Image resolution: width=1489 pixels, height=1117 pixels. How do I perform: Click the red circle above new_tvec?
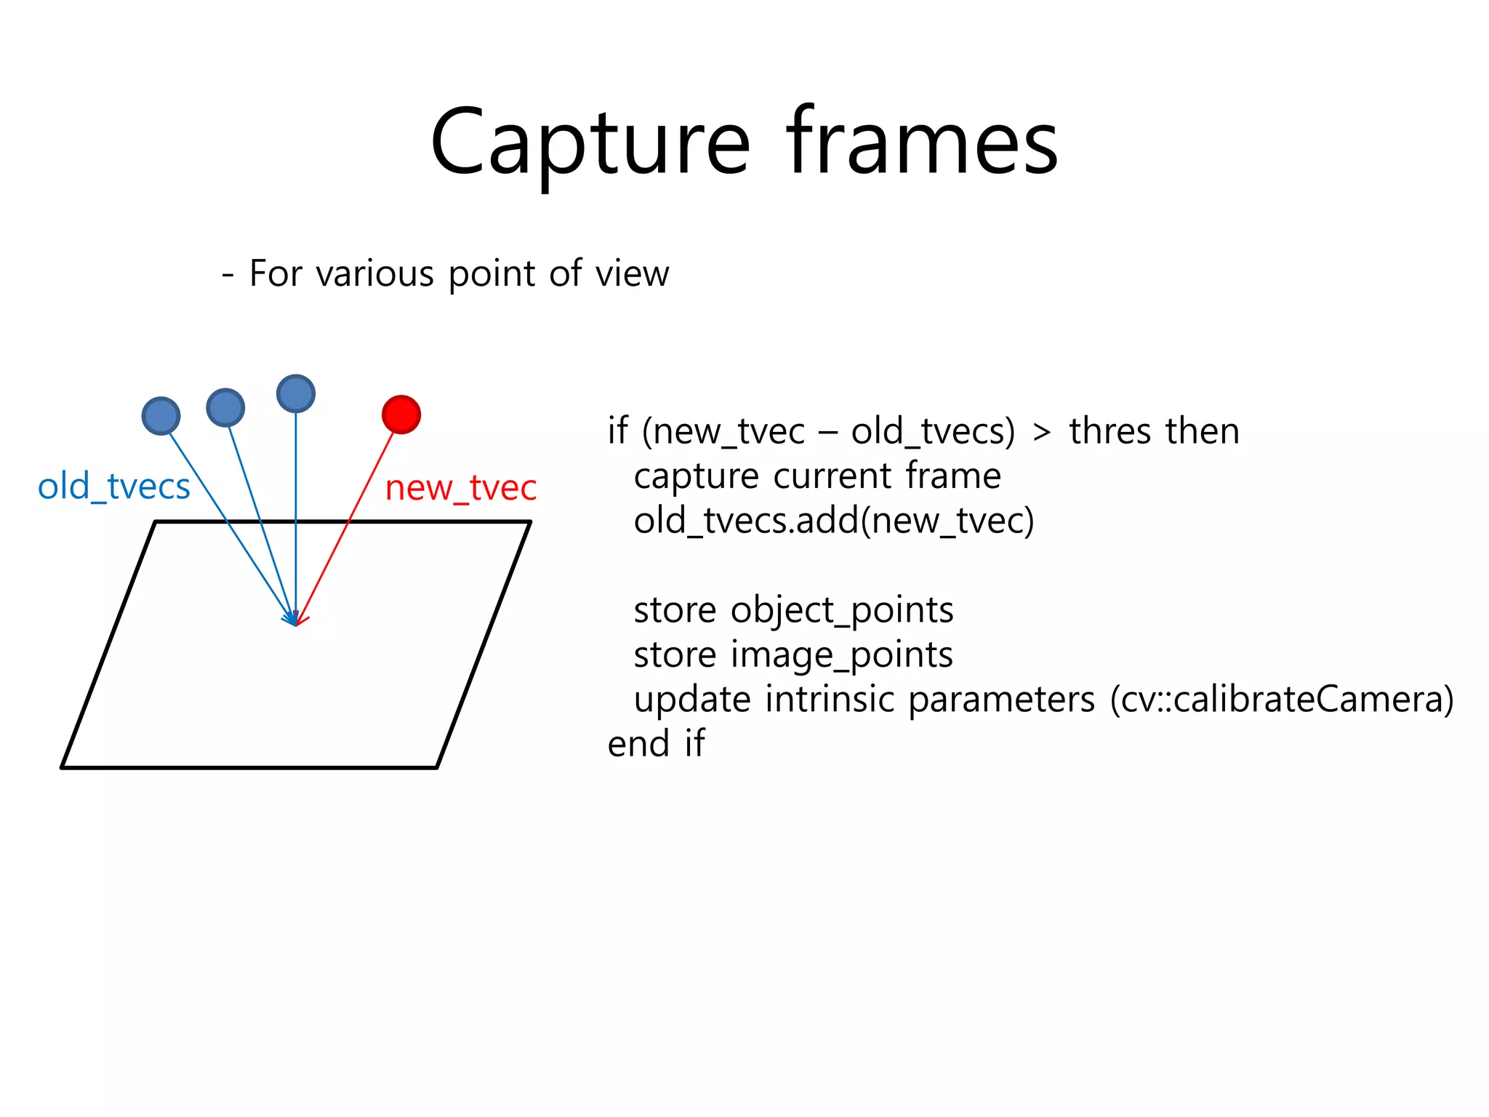(401, 415)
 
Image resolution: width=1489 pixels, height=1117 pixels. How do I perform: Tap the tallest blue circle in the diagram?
(296, 393)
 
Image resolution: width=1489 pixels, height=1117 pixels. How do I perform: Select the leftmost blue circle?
(161, 416)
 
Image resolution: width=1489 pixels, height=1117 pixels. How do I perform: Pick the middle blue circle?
(225, 407)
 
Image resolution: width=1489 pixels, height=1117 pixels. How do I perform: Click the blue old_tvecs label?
(114, 487)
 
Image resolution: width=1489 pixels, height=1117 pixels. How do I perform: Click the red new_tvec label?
(461, 488)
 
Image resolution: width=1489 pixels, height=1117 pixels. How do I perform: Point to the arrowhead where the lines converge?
(294, 622)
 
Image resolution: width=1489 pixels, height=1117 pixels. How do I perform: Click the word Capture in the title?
(590, 143)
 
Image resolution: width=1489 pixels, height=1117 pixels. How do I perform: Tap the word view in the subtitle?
(632, 274)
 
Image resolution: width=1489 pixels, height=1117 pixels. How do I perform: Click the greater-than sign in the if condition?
(1042, 432)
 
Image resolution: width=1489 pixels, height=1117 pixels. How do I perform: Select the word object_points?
(842, 611)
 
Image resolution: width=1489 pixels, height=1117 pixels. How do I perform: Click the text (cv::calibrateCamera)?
(1282, 700)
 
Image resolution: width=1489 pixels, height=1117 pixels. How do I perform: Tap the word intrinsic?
(831, 700)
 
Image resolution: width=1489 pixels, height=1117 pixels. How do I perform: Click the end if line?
(656, 744)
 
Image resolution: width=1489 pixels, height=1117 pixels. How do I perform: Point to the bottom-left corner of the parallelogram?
(63, 766)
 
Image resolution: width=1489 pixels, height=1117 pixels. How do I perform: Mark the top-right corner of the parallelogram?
(530, 522)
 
